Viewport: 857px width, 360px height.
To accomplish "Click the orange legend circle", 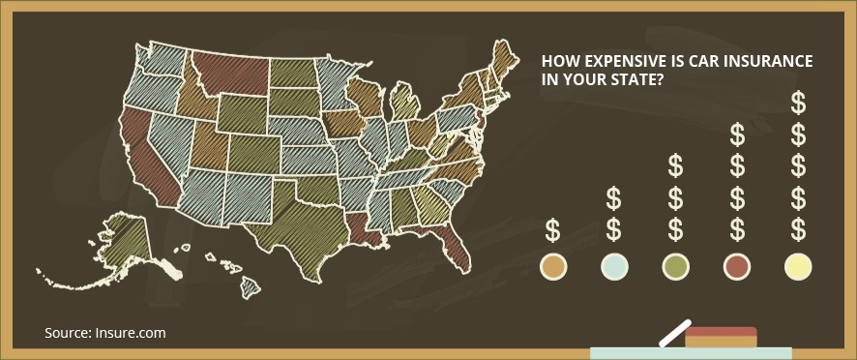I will click(x=552, y=266).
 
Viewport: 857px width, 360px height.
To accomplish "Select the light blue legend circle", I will click(x=613, y=266).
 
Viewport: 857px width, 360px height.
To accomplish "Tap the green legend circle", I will click(x=675, y=266).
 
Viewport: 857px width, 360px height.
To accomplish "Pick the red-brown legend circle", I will click(x=737, y=266).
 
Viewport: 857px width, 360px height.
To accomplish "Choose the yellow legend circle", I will click(x=798, y=266).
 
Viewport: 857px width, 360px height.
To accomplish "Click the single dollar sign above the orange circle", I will click(x=552, y=230).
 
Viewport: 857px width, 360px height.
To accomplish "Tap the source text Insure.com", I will click(x=130, y=333).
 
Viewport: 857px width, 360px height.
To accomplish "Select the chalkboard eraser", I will click(x=720, y=336).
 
